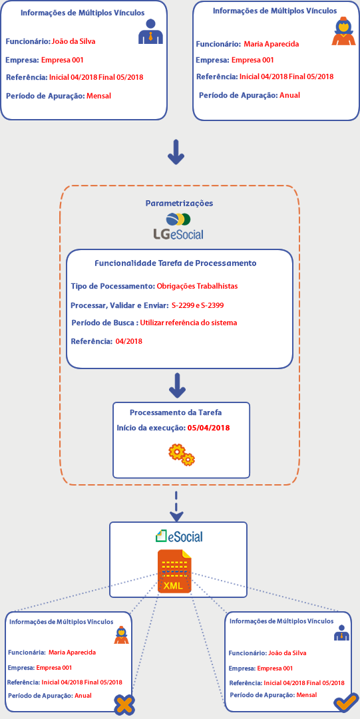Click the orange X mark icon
click(x=124, y=704)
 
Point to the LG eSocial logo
click(x=178, y=227)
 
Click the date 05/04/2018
click(x=209, y=428)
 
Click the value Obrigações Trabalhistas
click(x=197, y=286)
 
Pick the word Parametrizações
click(x=179, y=203)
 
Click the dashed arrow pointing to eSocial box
click(x=176, y=505)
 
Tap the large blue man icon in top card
click(x=151, y=32)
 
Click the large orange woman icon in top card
click(x=343, y=31)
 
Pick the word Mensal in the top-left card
click(x=99, y=96)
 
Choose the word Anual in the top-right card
click(x=290, y=95)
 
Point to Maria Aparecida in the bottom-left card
click(x=72, y=652)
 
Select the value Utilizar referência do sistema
click(x=189, y=323)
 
